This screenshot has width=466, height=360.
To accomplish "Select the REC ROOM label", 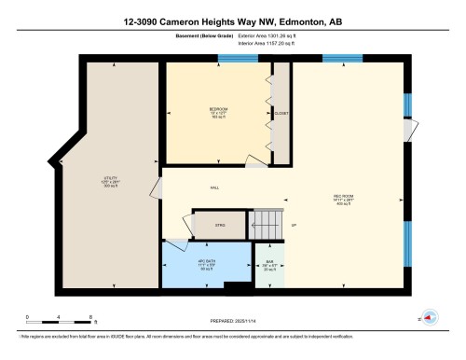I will [344, 197].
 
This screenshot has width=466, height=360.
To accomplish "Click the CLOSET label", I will [281, 114].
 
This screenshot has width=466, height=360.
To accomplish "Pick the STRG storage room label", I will [221, 227].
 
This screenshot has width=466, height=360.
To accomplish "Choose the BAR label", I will [269, 261].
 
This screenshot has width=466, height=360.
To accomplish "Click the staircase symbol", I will [266, 224].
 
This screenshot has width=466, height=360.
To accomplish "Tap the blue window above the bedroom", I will [231, 60].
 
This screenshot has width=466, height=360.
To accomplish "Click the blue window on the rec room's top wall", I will [342, 60].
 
